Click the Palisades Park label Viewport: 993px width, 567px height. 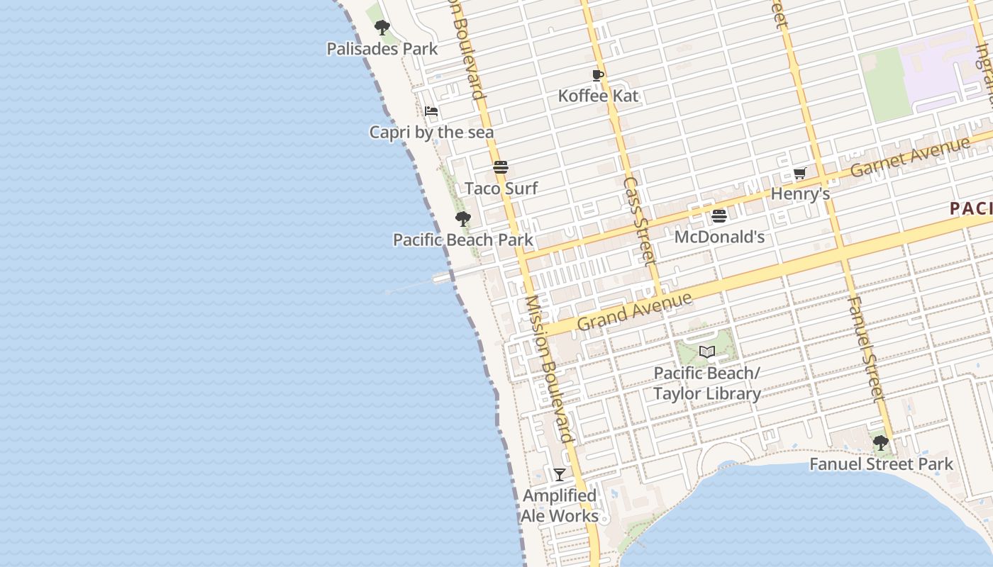click(x=382, y=49)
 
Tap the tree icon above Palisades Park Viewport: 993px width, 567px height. click(x=382, y=28)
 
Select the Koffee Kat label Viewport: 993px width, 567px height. click(x=598, y=96)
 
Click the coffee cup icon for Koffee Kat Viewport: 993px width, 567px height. click(x=598, y=75)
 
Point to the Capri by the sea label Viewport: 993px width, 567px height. click(x=431, y=133)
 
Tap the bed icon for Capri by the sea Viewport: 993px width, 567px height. click(x=431, y=111)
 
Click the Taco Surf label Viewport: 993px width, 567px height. click(x=501, y=189)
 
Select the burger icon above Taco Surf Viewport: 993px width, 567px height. click(x=501, y=168)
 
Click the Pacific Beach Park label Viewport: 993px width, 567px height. click(x=462, y=240)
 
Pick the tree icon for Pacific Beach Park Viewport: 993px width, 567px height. click(x=463, y=219)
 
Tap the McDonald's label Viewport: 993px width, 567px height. click(x=719, y=237)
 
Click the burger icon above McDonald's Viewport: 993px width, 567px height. click(x=719, y=216)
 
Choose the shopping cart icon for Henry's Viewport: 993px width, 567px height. click(x=799, y=174)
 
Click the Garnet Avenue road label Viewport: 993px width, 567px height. click(x=909, y=157)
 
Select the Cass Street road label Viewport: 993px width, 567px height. click(x=638, y=220)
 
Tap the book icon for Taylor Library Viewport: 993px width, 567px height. click(x=706, y=352)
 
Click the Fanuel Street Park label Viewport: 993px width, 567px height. click(x=881, y=464)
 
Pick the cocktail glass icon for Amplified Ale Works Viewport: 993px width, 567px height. click(x=560, y=475)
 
